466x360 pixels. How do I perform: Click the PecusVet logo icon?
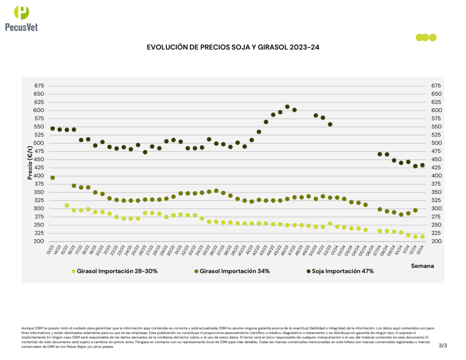(21, 12)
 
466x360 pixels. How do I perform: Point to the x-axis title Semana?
(422, 266)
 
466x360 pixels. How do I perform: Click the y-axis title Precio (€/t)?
(30, 163)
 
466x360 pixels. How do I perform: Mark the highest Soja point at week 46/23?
(287, 107)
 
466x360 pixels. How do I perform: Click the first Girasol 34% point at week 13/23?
(52, 178)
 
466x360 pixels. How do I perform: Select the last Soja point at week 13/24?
(422, 165)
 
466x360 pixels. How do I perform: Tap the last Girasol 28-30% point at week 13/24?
(422, 237)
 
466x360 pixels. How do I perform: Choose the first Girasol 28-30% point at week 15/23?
(67, 206)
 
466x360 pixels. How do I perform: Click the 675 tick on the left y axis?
(39, 86)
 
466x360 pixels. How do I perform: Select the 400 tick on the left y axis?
(39, 176)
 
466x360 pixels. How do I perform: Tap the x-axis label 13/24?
(421, 249)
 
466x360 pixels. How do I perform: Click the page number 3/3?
(443, 346)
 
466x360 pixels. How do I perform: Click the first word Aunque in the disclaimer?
(27, 328)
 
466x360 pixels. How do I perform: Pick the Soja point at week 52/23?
(330, 124)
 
